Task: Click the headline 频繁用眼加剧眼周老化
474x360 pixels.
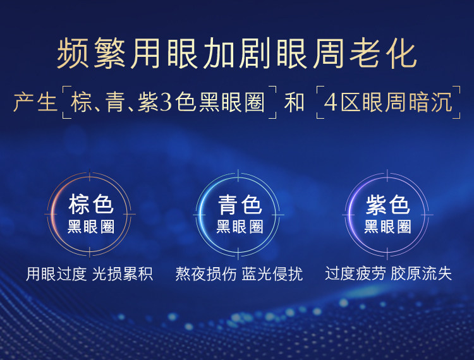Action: [237, 54]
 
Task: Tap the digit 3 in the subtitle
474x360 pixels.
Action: [166, 102]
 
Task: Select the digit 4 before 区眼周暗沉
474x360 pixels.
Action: [331, 102]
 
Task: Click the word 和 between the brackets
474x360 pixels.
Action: [294, 102]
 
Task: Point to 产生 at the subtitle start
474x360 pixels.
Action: [35, 102]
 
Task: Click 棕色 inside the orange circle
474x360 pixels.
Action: [90, 204]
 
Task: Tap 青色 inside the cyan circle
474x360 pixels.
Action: [240, 205]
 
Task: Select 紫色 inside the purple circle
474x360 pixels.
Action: [388, 205]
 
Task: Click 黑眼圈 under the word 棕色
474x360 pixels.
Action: [90, 227]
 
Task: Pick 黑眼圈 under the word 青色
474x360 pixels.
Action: [240, 227]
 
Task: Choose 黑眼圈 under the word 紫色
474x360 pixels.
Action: [388, 227]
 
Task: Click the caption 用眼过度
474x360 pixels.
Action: [56, 273]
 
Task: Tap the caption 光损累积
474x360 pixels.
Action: [123, 273]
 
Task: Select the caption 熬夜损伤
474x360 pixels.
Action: [206, 273]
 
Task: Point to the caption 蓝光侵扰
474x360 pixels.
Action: [272, 273]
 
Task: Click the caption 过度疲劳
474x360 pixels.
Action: [355, 273]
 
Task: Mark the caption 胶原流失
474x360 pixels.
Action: [421, 273]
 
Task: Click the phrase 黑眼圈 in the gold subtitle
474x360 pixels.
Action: [232, 102]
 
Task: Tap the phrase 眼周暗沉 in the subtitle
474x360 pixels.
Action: [407, 102]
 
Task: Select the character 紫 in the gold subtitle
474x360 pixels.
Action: [148, 102]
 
